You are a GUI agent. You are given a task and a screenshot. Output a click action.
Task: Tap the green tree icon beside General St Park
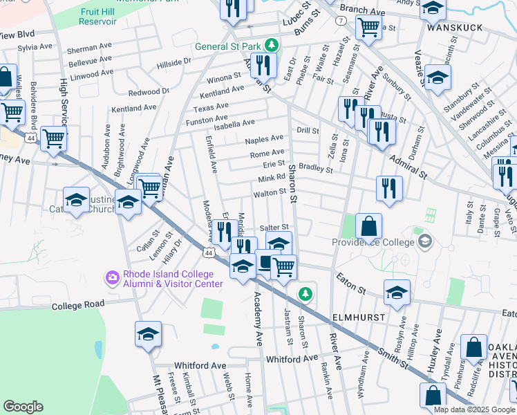(x=272, y=46)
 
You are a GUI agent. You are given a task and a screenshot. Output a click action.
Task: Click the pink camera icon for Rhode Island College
(x=111, y=277)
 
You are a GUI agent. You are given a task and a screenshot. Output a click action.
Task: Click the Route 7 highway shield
(x=341, y=21)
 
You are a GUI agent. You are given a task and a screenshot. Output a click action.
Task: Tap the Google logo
(x=23, y=407)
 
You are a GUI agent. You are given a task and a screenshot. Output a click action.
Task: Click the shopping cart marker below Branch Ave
(x=368, y=28)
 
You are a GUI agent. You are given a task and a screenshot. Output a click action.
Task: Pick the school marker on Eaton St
(x=397, y=293)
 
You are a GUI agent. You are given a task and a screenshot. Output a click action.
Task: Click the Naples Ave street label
(x=264, y=139)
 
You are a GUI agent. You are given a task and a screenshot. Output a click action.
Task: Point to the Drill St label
(x=308, y=131)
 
